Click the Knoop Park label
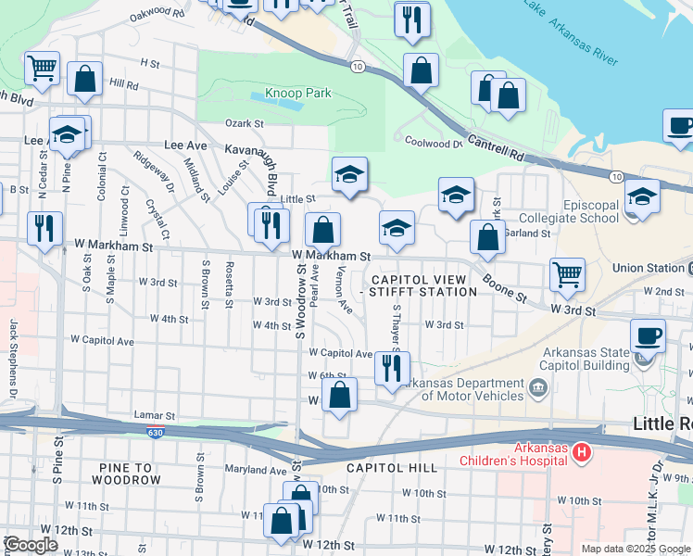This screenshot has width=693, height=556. [x=298, y=93]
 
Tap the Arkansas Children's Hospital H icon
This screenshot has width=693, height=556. [x=582, y=452]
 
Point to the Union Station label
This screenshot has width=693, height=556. [x=649, y=268]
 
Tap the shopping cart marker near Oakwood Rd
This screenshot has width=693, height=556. [x=42, y=69]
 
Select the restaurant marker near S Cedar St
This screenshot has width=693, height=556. [x=44, y=229]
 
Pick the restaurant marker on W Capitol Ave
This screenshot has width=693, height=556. [x=392, y=368]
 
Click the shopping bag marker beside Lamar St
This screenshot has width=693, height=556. [x=341, y=395]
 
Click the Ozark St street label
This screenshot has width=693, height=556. [x=245, y=123]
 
